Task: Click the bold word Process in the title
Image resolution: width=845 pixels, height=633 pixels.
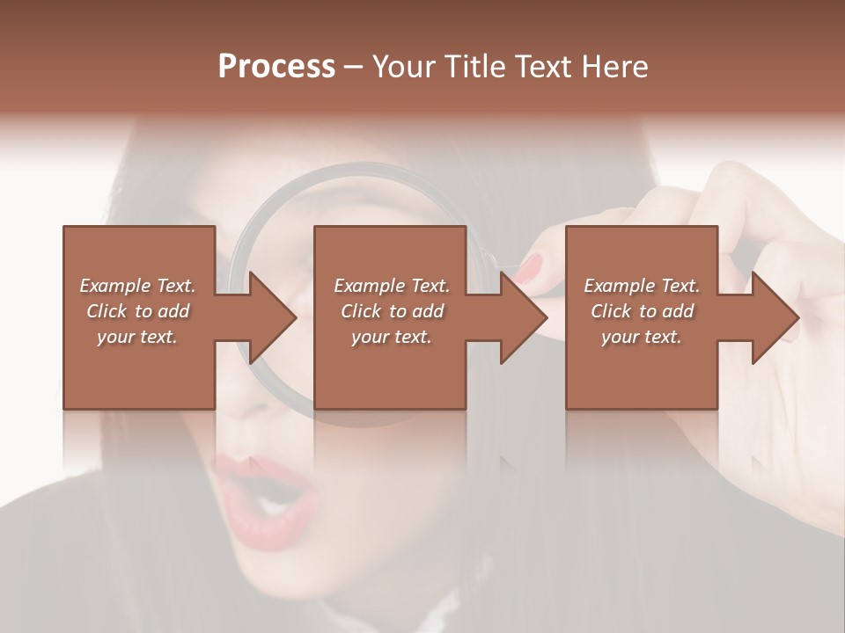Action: pos(276,67)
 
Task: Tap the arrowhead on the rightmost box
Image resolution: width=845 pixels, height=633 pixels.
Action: pos(774,317)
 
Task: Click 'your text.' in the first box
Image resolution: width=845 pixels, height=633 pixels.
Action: pos(137,337)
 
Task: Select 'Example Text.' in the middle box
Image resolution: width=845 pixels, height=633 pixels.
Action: pos(392,286)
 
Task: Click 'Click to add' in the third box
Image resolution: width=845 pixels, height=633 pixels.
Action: pos(643,311)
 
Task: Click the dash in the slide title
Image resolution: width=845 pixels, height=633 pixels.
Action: pos(354,67)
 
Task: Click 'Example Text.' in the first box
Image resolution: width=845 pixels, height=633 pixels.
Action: pos(137,286)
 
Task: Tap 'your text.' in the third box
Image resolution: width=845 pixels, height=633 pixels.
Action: pos(642,337)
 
